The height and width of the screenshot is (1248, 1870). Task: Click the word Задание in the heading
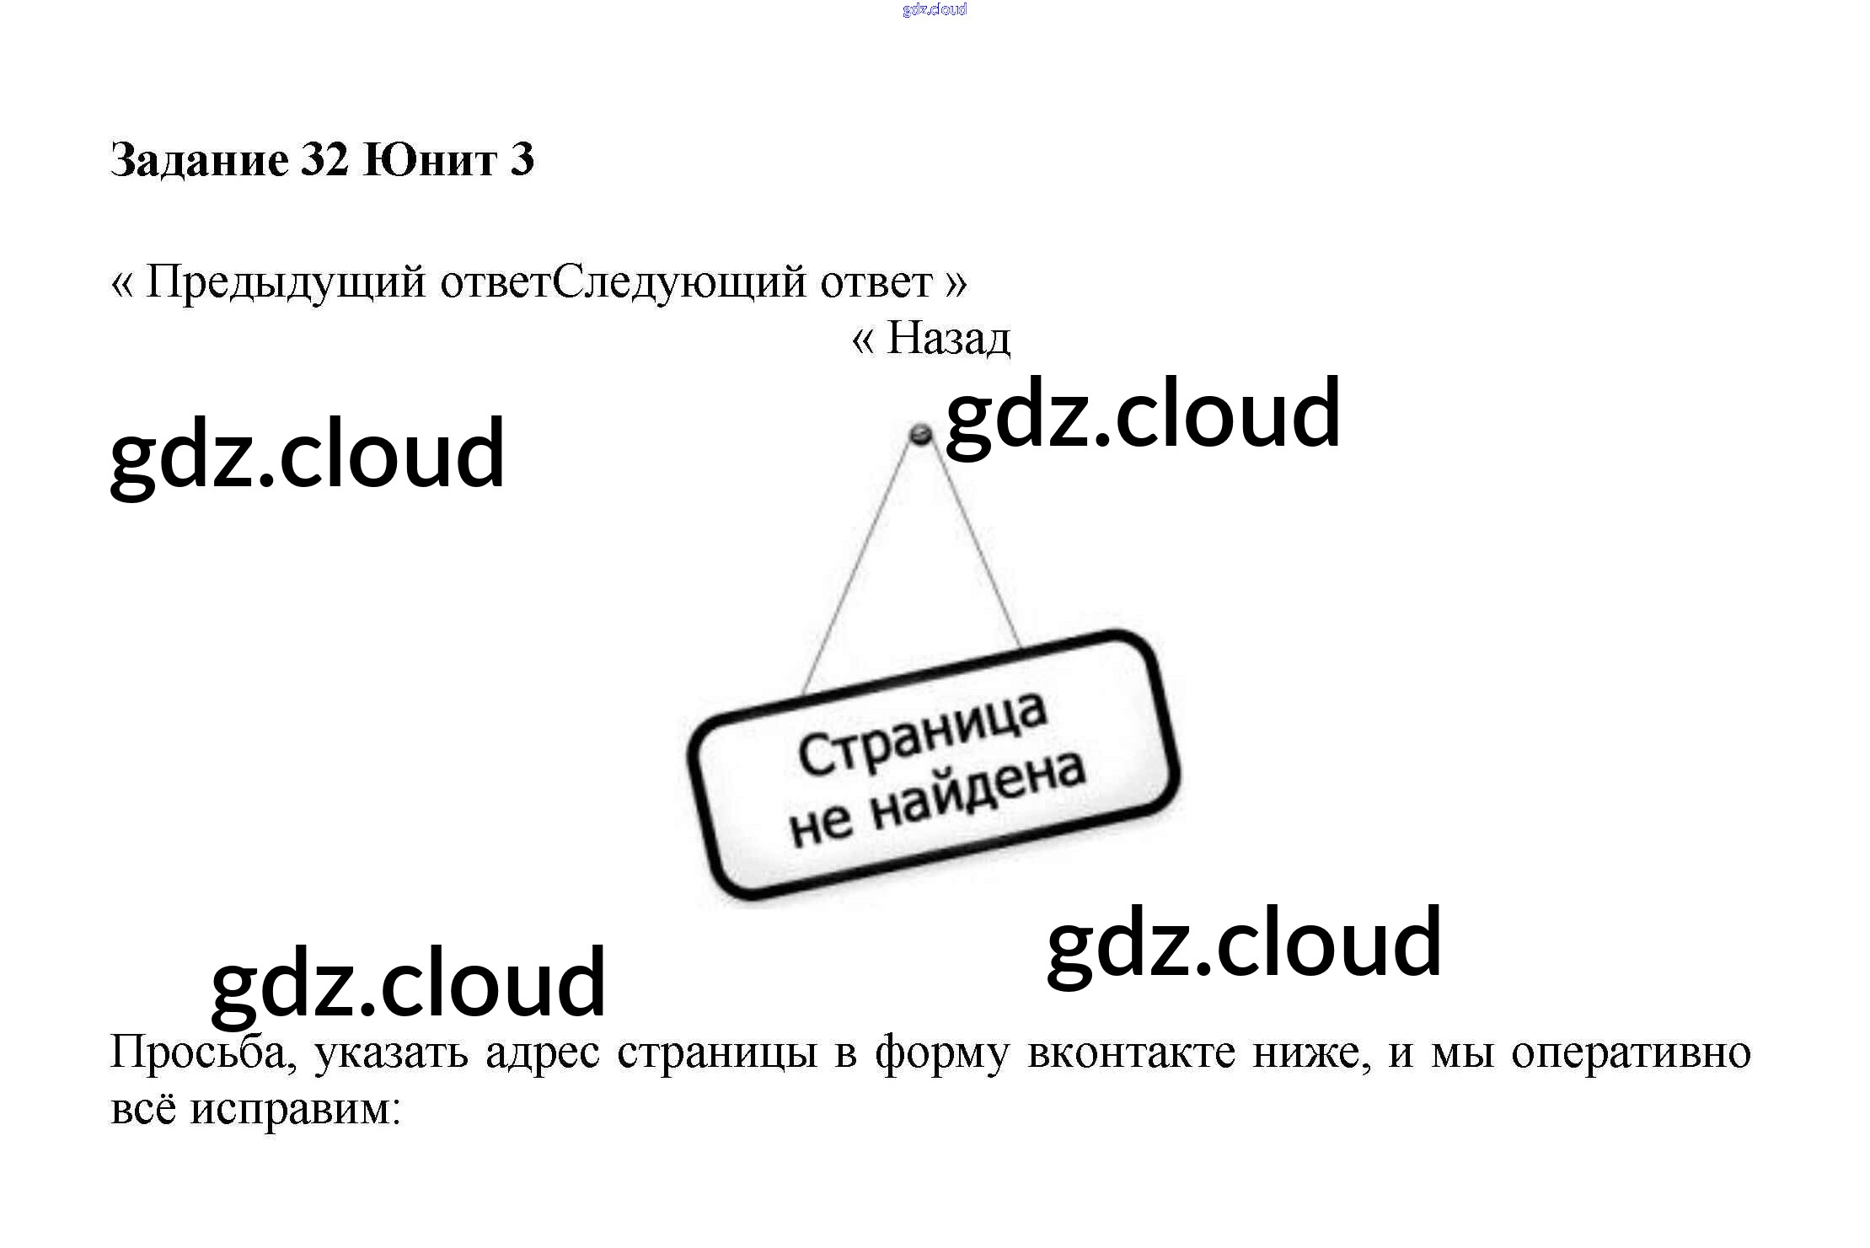[x=199, y=160]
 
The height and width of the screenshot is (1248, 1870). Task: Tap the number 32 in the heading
[x=324, y=160]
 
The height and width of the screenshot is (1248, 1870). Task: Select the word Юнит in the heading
[x=430, y=160]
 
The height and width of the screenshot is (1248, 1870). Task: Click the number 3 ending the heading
[x=522, y=160]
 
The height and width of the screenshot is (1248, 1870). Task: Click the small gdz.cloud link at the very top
[x=934, y=10]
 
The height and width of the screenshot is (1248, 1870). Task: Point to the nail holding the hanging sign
[x=919, y=435]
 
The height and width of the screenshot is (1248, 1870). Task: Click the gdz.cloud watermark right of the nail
[x=1143, y=415]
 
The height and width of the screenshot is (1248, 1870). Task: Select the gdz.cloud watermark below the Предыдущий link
[x=308, y=455]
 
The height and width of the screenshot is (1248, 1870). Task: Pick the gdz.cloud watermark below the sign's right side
[x=1244, y=944]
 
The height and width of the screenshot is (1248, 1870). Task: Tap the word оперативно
[x=1631, y=1053]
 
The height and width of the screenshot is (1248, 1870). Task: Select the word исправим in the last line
[x=294, y=1109]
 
